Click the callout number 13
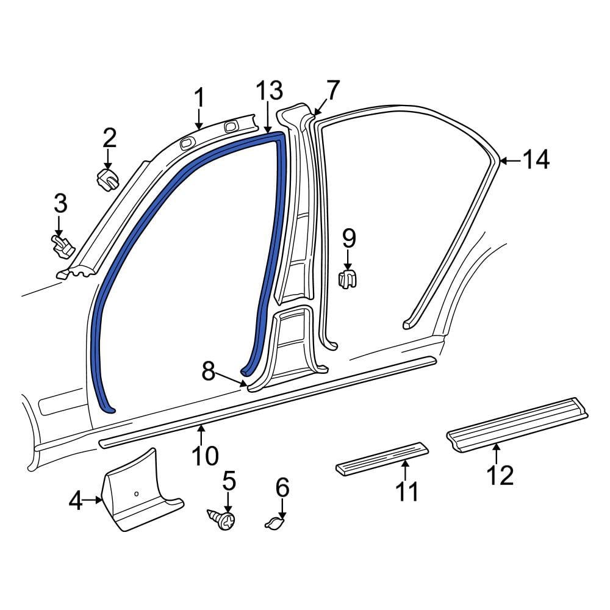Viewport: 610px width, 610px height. point(269,91)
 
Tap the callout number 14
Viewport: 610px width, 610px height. point(536,160)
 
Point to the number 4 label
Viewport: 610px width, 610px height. point(75,501)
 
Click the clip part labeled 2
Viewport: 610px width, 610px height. point(107,180)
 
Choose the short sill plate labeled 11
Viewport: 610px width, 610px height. point(382,457)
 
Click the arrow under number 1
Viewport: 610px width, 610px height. point(199,118)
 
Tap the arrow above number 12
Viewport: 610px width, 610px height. point(497,454)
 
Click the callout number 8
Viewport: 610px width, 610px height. point(209,371)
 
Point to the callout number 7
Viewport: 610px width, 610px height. point(332,91)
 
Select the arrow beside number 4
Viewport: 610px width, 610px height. point(93,500)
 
